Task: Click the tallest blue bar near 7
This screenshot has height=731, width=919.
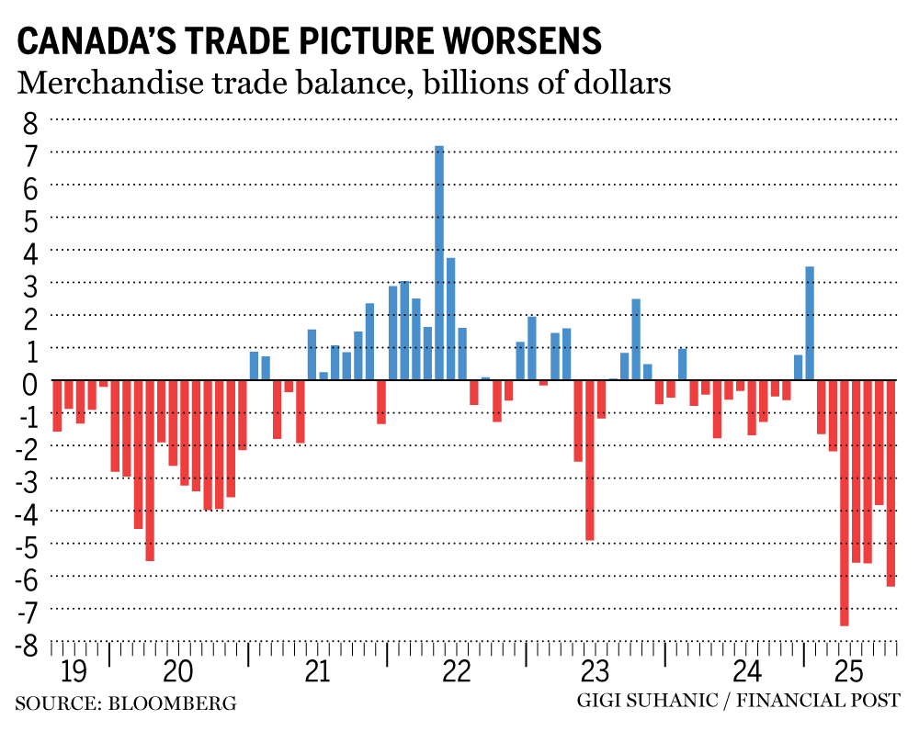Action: click(x=439, y=262)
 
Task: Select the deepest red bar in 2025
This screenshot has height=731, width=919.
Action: click(x=845, y=502)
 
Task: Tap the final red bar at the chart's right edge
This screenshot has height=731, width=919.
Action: click(x=891, y=482)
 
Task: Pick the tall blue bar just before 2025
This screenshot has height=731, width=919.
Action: click(x=810, y=322)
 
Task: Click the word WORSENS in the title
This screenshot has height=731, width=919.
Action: click(x=520, y=41)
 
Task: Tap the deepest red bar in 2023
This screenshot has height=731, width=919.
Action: click(x=590, y=460)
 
